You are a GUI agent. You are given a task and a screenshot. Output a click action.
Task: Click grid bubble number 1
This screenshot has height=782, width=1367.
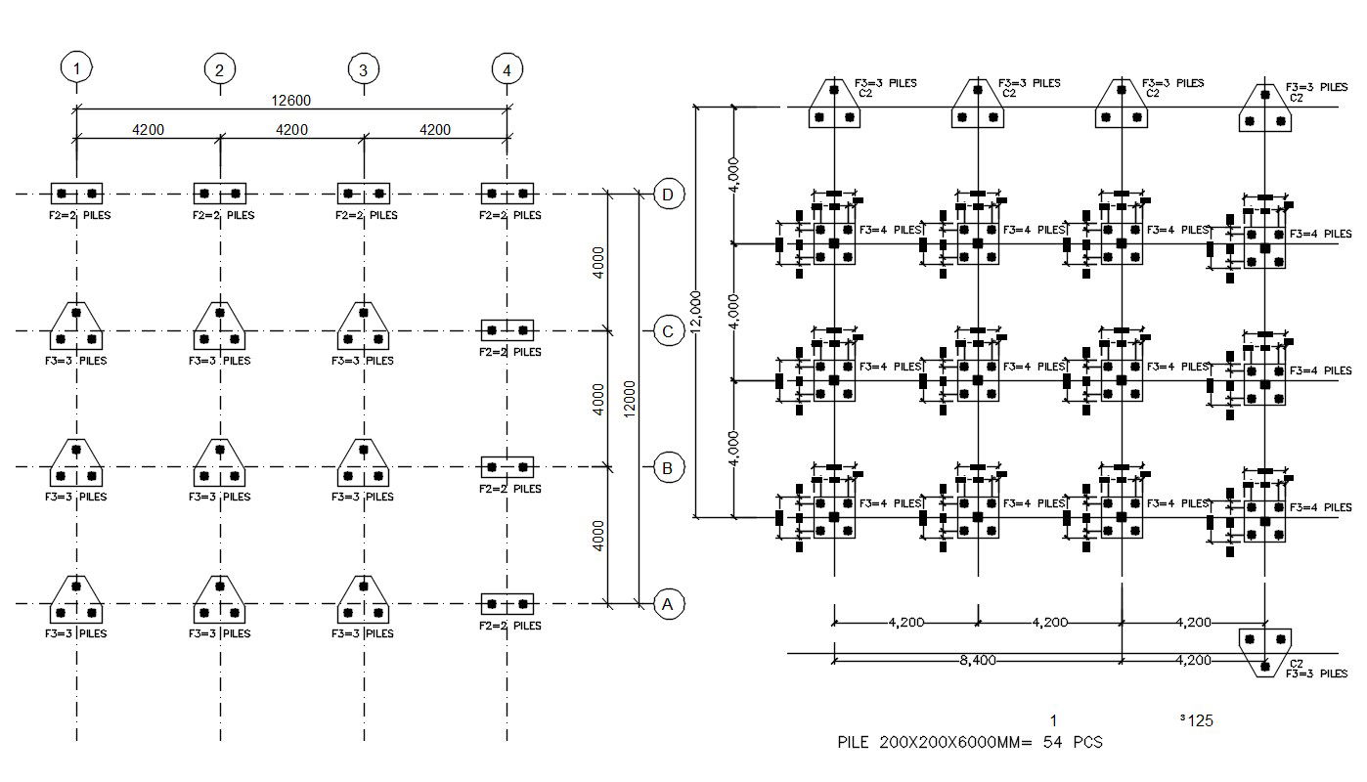(x=76, y=68)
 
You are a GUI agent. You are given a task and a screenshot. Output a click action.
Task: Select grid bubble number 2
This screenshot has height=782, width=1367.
(x=219, y=69)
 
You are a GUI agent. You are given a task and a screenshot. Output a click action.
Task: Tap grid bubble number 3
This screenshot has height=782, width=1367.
(x=363, y=69)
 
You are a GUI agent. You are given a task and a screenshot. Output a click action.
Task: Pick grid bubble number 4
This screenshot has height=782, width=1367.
(x=507, y=69)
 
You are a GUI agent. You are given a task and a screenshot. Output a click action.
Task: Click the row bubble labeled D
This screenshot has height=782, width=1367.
(x=668, y=195)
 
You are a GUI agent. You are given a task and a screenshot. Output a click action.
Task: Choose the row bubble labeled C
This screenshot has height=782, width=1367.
(x=668, y=331)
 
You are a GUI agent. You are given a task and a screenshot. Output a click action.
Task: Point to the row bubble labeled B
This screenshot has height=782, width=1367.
(x=668, y=468)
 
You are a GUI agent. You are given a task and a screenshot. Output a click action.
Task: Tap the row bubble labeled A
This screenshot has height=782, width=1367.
(x=668, y=604)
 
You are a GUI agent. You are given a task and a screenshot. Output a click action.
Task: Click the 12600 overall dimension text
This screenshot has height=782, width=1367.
(x=291, y=100)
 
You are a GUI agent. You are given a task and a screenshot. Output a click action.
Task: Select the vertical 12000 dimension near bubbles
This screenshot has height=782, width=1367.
(x=630, y=399)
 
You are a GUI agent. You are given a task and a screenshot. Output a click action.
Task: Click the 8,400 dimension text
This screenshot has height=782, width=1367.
(x=977, y=661)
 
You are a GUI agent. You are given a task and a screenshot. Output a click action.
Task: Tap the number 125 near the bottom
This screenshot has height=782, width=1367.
(x=1199, y=721)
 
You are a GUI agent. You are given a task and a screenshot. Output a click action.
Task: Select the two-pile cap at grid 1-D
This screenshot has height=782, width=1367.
(x=76, y=194)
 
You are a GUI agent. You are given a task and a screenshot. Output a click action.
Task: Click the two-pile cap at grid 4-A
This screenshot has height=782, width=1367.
(x=507, y=604)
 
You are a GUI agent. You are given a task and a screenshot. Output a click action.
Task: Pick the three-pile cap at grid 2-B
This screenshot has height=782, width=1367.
(x=219, y=464)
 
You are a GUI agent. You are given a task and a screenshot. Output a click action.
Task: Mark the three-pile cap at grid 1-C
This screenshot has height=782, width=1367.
(x=76, y=327)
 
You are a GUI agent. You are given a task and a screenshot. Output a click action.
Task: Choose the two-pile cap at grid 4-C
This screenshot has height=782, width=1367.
(x=507, y=330)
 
